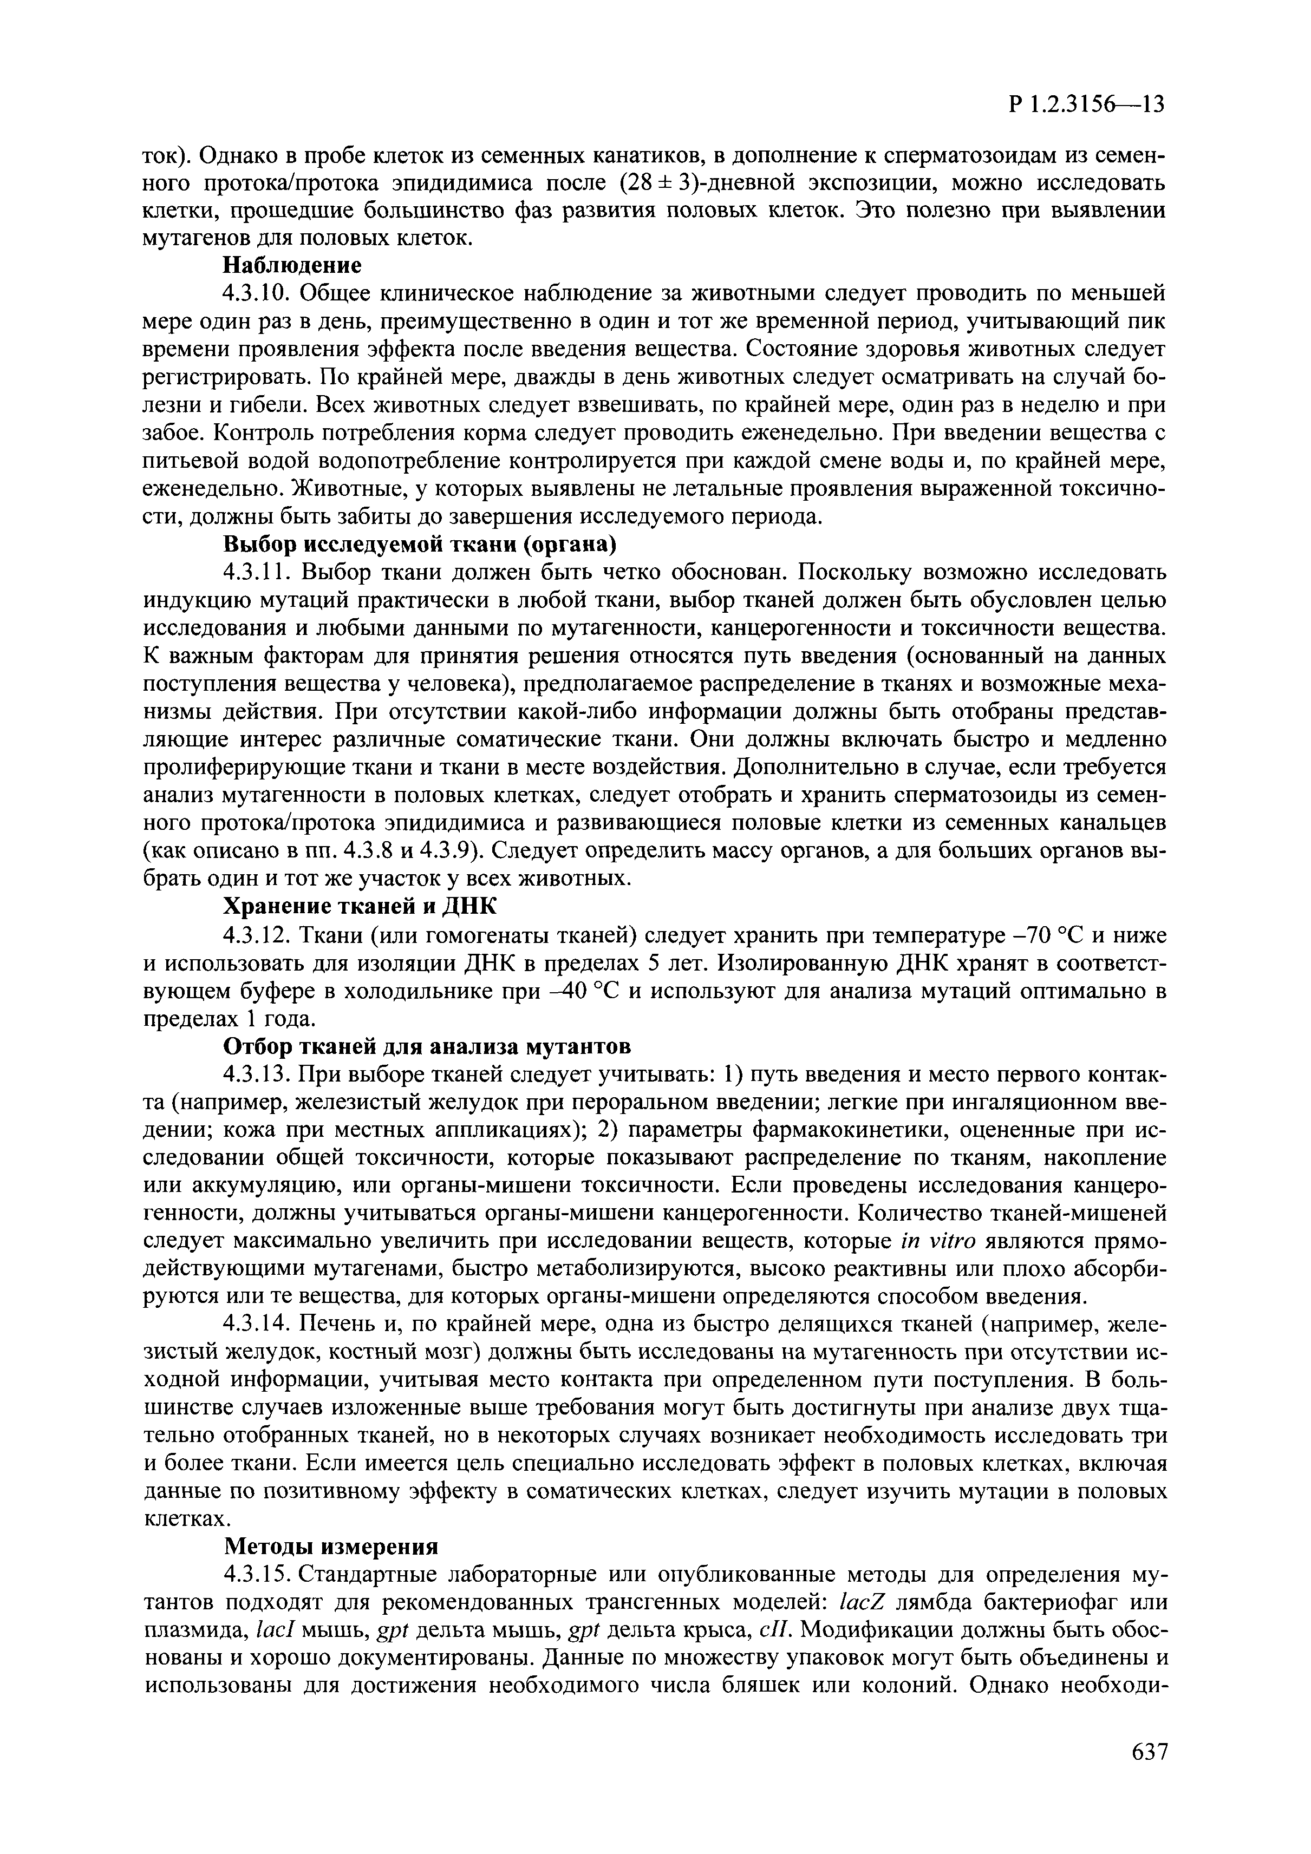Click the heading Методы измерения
[330, 1547]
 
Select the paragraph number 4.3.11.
[256, 573]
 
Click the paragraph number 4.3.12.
[256, 935]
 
